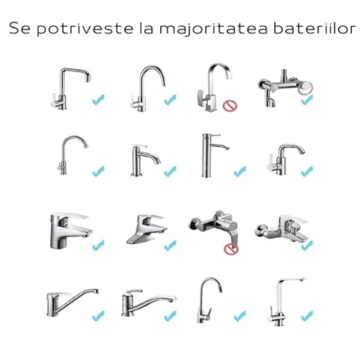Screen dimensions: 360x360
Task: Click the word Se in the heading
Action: (20, 29)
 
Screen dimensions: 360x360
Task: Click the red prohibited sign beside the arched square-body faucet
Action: (229, 105)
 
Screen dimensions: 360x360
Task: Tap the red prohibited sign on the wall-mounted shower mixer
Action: (231, 248)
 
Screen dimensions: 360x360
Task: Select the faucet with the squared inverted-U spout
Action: (70, 88)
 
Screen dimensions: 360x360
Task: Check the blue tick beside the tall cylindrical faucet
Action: (240, 171)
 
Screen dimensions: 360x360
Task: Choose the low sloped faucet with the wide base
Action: (147, 229)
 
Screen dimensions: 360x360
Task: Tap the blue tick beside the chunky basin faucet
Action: (98, 245)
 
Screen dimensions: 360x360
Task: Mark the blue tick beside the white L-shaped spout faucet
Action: (307, 315)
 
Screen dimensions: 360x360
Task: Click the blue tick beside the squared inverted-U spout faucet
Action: (98, 100)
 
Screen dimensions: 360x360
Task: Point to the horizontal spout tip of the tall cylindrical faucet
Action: (227, 148)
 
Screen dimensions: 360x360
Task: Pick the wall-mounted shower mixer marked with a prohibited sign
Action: (213, 228)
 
